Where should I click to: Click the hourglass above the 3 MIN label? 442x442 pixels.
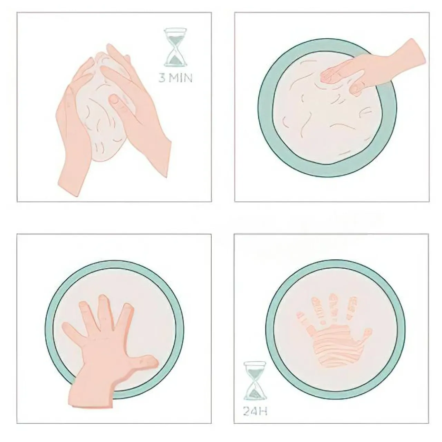(175, 47)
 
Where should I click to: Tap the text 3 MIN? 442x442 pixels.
(175, 78)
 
